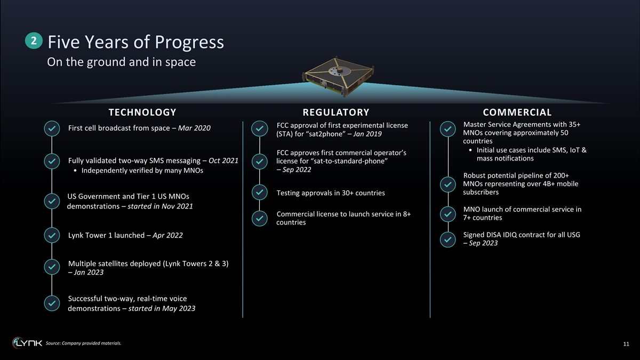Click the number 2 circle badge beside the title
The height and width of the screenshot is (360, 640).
(34, 41)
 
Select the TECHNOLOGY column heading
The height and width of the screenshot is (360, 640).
(142, 113)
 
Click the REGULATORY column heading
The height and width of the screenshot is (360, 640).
(336, 113)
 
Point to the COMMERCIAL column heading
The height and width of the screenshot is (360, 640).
(517, 113)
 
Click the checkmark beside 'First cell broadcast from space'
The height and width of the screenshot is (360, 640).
(52, 129)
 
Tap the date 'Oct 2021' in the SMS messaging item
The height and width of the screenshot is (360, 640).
(223, 161)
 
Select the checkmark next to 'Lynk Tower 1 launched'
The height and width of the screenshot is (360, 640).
(52, 235)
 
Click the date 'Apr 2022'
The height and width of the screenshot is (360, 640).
(167, 235)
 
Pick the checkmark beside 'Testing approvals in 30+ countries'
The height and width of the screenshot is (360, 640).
(259, 192)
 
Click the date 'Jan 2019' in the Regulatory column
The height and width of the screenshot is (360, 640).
(367, 134)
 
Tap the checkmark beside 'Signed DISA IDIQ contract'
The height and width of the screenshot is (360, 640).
(447, 239)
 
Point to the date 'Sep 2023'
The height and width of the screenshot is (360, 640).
(483, 243)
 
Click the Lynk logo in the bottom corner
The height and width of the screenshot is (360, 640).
(27, 343)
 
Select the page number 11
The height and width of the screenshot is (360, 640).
(626, 344)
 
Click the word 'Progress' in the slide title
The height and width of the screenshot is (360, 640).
(189, 42)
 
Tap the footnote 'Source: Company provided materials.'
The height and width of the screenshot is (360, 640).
(83, 343)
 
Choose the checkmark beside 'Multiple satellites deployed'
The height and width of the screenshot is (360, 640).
(52, 267)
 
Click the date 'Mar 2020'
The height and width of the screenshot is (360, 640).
(194, 128)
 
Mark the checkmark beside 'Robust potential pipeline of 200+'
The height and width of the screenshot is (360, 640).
(447, 185)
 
